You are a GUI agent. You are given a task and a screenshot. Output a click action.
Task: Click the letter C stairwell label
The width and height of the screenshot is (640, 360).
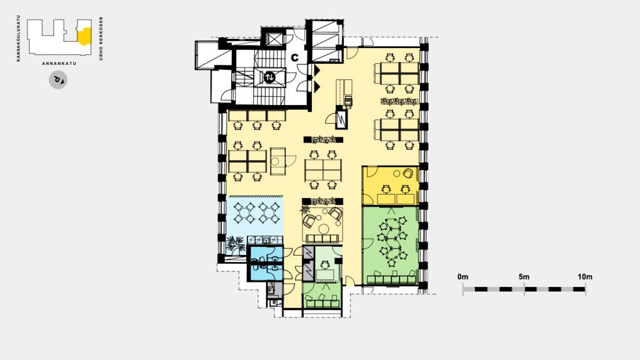[294, 57]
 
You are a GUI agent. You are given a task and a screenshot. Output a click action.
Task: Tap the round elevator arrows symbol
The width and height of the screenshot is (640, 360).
[269, 77]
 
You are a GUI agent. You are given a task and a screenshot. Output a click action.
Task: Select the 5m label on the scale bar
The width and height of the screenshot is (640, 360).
[524, 277]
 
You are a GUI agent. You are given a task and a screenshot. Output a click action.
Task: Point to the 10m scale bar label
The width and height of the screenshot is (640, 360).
[585, 277]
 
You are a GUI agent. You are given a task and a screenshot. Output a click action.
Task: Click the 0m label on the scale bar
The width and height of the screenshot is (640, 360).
[463, 277]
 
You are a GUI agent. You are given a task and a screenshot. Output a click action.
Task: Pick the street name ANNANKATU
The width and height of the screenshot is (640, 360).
[59, 64]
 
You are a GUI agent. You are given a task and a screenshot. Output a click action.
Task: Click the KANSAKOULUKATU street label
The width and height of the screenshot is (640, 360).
[18, 38]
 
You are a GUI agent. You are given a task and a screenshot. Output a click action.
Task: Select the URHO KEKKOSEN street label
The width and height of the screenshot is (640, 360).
[101, 39]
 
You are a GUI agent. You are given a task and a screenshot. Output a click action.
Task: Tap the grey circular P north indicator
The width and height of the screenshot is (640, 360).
[58, 80]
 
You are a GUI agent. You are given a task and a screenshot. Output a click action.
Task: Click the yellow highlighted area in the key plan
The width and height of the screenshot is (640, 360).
[84, 36]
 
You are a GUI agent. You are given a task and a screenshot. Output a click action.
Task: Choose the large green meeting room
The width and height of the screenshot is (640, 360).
[390, 246]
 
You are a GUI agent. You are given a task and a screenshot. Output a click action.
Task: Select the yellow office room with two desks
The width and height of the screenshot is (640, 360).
[390, 186]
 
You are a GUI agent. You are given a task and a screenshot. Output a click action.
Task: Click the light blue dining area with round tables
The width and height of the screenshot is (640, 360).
[255, 216]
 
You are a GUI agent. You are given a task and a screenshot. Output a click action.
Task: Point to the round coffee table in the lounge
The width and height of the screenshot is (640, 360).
[324, 227]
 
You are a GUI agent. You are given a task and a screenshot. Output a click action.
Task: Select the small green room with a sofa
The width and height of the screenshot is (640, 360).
[322, 296]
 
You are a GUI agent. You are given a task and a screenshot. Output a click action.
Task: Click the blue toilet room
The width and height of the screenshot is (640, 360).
[265, 264]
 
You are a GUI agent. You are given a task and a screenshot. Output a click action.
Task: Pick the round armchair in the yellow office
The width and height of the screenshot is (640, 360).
[407, 174]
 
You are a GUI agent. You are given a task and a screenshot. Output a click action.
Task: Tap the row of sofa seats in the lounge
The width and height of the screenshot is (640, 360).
[322, 239]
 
